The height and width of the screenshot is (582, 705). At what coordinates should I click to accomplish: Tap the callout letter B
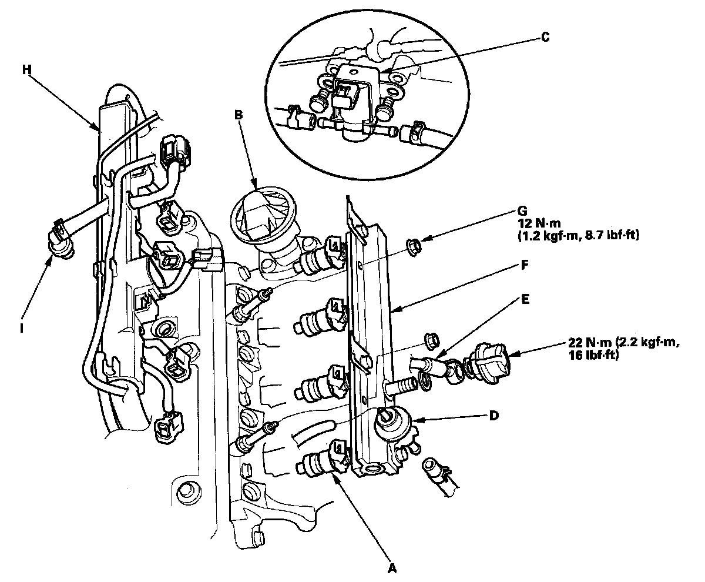(238, 115)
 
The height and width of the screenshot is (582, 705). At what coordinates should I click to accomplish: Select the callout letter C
(545, 37)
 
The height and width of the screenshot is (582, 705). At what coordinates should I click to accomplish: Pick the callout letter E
(525, 299)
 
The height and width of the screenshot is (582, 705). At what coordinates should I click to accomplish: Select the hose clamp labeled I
(60, 239)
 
